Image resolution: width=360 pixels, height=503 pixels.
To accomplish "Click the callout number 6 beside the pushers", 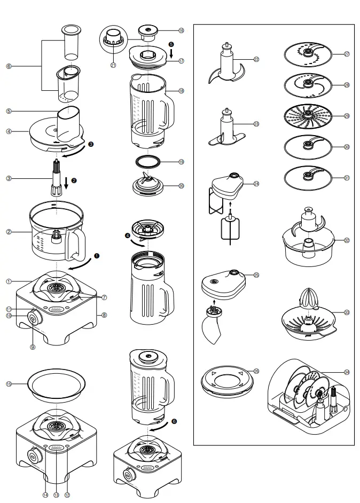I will coord(9,67).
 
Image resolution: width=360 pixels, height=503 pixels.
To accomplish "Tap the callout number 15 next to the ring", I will coord(9,384).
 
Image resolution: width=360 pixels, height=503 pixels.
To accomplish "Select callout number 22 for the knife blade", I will coord(256,59).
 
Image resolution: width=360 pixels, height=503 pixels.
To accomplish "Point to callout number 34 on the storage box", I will coord(347,372).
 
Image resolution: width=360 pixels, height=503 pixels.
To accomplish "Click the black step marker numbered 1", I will coord(97,256).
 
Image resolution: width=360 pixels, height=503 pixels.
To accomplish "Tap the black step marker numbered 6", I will coord(174,421).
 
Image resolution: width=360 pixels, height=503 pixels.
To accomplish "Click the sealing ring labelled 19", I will coord(147,162).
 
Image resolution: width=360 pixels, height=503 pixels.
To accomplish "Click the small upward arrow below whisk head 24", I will coord(230,203).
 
